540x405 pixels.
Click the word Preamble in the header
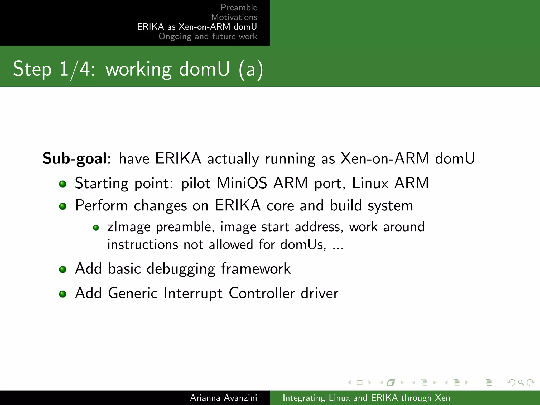click(239, 7)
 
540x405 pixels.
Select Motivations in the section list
click(234, 17)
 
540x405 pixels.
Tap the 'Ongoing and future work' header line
click(208, 36)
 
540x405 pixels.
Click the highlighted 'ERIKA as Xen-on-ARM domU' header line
click(197, 27)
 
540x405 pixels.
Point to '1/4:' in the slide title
click(77, 69)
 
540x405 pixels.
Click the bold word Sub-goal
click(75, 159)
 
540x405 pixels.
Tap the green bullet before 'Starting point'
click(63, 184)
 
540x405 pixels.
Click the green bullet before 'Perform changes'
click(63, 206)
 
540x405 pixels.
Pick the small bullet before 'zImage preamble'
click(96, 228)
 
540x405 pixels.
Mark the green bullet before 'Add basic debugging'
click(63, 269)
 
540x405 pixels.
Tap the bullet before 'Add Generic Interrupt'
click(63, 294)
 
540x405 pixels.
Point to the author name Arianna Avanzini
click(223, 398)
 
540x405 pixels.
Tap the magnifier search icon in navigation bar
click(521, 382)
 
